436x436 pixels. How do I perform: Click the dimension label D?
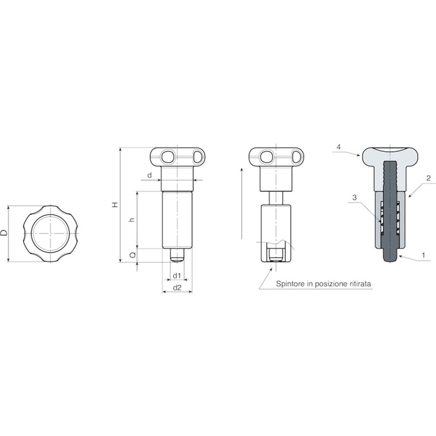(x=4, y=233)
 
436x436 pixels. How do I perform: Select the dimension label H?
(x=115, y=204)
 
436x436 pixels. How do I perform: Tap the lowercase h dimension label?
(x=132, y=219)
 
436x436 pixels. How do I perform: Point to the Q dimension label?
(x=133, y=254)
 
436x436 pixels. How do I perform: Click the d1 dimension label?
(x=177, y=275)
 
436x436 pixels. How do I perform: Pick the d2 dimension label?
(x=177, y=288)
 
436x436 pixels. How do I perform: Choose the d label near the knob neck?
(x=150, y=175)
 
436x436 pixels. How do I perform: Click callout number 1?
(x=424, y=255)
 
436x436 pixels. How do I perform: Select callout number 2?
(x=429, y=178)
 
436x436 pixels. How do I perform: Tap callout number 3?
(x=354, y=198)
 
